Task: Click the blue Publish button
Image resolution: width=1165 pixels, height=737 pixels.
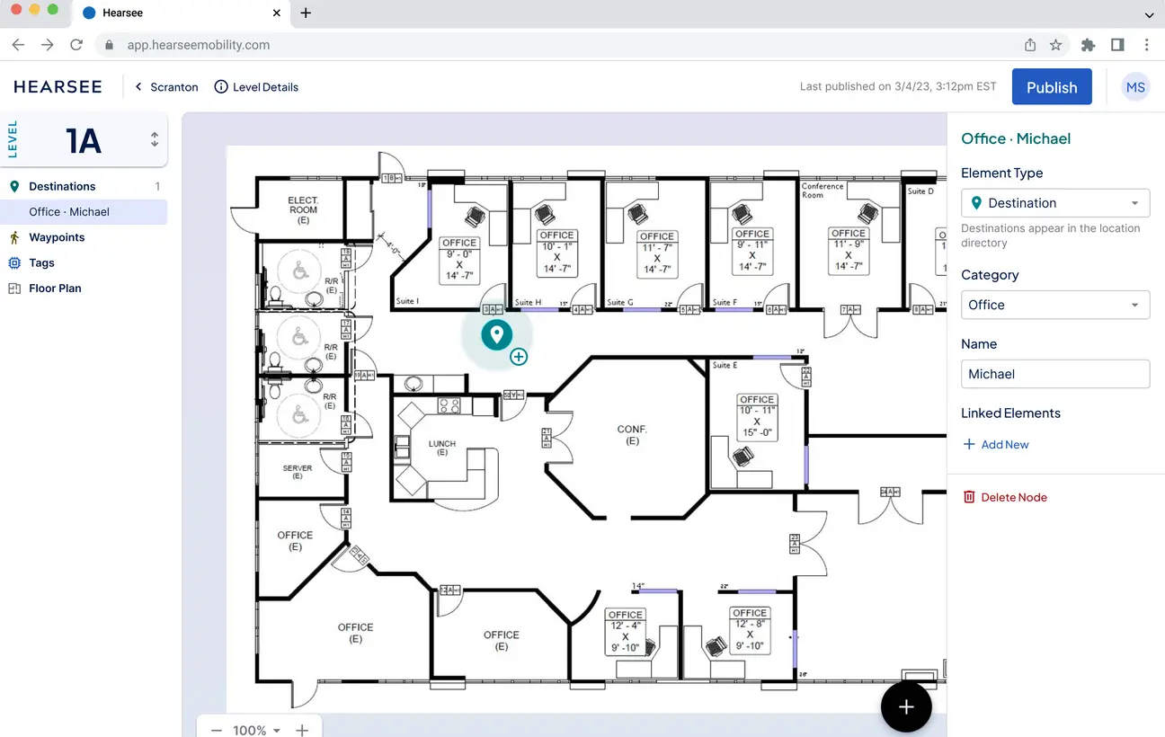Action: click(x=1052, y=87)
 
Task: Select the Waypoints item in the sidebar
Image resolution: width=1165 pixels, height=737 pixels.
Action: click(x=57, y=237)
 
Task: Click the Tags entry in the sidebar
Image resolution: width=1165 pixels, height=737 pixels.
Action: click(x=41, y=263)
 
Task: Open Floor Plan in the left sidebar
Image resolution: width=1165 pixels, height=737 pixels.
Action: click(x=55, y=289)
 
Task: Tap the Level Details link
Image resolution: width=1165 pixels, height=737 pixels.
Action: click(x=256, y=87)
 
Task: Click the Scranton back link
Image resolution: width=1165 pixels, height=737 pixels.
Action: click(x=166, y=87)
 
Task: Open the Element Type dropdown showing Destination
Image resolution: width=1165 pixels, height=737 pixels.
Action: click(x=1054, y=203)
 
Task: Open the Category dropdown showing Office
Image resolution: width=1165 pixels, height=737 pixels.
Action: click(x=1054, y=305)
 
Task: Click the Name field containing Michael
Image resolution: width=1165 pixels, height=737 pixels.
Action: click(x=1054, y=374)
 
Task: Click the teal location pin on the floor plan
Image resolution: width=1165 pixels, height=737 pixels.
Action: click(x=496, y=334)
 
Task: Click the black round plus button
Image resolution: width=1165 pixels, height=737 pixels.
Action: click(x=906, y=707)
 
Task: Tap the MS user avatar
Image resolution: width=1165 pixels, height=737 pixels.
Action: click(x=1135, y=87)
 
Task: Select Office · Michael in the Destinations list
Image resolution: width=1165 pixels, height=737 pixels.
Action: click(x=69, y=212)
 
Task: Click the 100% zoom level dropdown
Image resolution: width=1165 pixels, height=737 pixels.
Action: click(x=257, y=730)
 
